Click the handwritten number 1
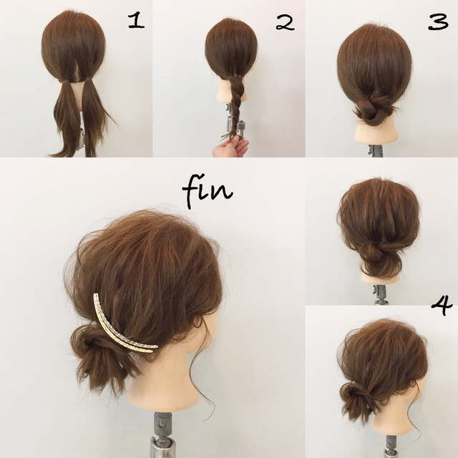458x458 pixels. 137,21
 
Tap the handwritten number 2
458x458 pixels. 285,23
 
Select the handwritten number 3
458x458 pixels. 438,22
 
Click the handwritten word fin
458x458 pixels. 207,191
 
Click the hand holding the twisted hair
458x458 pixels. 230,148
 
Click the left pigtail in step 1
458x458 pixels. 67,117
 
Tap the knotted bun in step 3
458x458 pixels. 374,109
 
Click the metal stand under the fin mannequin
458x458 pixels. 161,435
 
